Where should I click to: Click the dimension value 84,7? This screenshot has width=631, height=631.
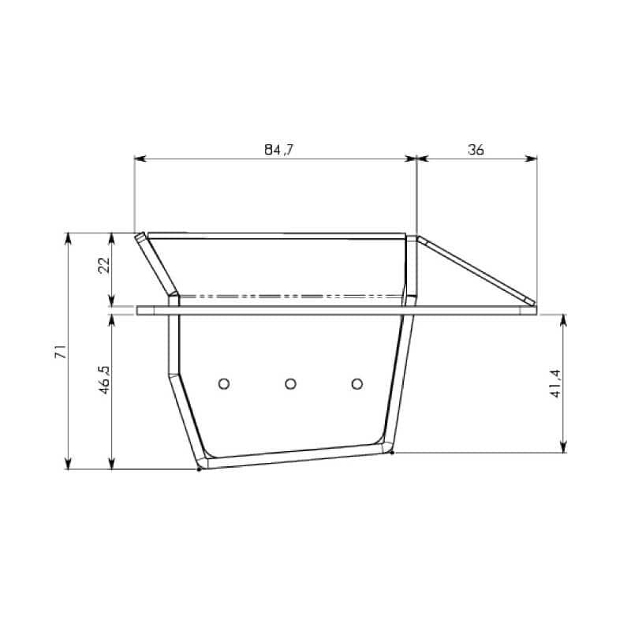279,150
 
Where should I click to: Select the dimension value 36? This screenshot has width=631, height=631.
476,150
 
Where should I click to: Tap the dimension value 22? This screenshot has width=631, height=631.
104,265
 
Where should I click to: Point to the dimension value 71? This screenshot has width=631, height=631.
61,351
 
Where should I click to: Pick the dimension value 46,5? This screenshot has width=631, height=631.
104,379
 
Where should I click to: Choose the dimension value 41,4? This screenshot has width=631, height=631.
555,383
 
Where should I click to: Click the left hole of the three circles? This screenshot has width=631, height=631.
224,384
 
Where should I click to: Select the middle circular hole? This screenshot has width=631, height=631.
290,384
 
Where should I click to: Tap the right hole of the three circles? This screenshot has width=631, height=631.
357,384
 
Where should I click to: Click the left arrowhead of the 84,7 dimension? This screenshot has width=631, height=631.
140,159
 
